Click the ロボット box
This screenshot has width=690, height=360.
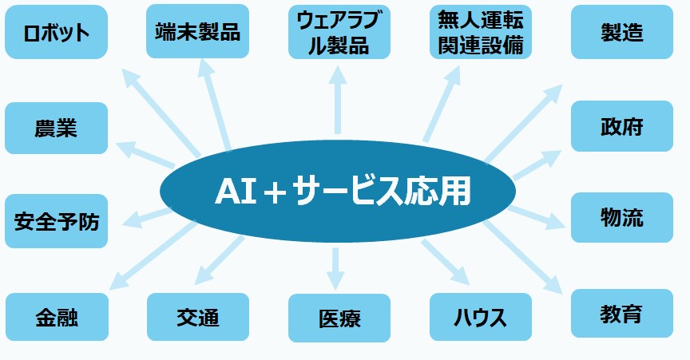tap(57, 32)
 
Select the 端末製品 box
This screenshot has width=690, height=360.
tap(197, 31)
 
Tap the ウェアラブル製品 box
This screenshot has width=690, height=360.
tap(339, 32)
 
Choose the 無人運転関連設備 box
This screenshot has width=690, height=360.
tap(481, 32)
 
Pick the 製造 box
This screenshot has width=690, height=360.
tap(622, 32)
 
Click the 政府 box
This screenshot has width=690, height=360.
tap(622, 126)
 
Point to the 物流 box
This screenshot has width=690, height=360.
tap(622, 217)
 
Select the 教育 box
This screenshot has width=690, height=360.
tap(622, 314)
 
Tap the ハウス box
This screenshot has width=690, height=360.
tap(481, 317)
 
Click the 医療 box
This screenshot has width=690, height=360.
tap(339, 318)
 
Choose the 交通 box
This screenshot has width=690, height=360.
tap(198, 317)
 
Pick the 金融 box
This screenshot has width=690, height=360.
tap(57, 317)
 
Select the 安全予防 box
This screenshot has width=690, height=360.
tap(57, 221)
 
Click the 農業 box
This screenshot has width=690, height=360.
tap(57, 128)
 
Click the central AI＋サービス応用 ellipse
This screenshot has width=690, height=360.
tap(338, 191)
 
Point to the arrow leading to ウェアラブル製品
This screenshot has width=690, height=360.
tap(338, 100)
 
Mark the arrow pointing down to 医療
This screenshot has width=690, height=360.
tap(335, 268)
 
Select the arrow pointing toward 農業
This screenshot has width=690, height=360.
tap(145, 155)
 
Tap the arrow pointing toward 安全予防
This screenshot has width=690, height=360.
tap(148, 217)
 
